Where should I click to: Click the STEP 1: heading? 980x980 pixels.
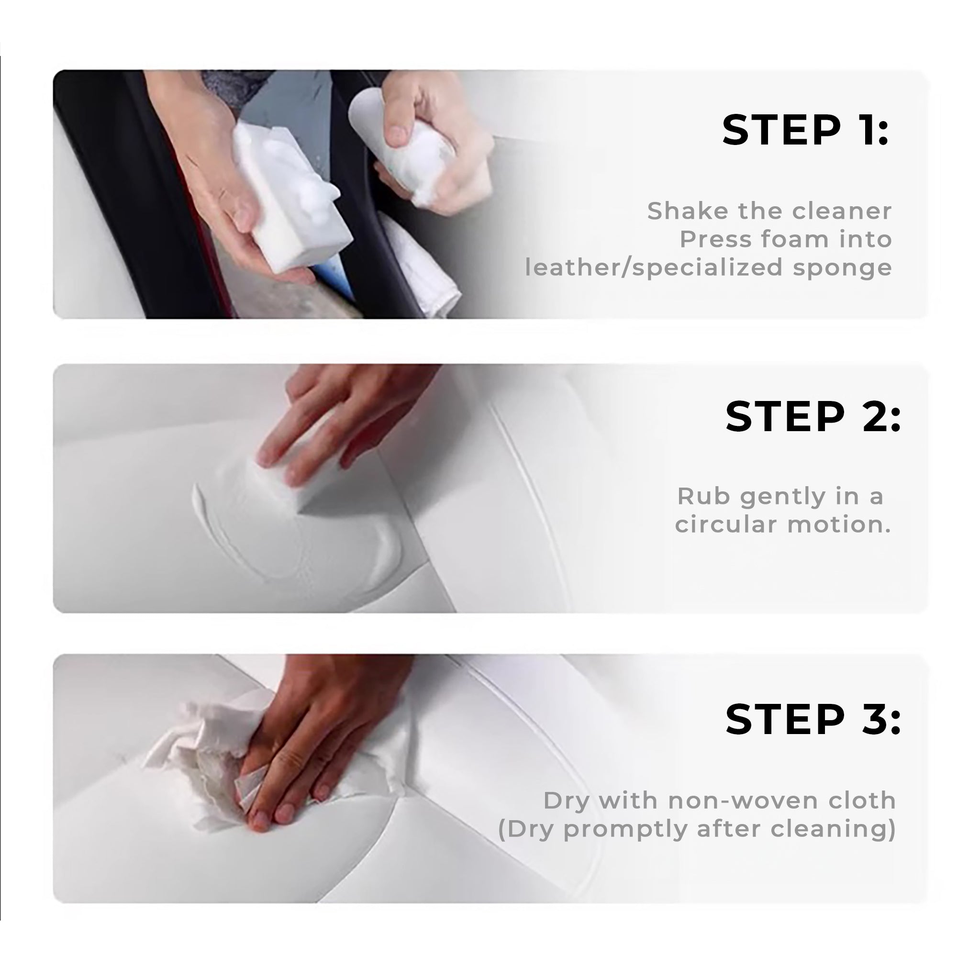pyautogui.click(x=805, y=130)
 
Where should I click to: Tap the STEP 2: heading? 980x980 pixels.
pyautogui.click(x=813, y=416)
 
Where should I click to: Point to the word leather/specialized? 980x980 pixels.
pyautogui.click(x=654, y=268)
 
